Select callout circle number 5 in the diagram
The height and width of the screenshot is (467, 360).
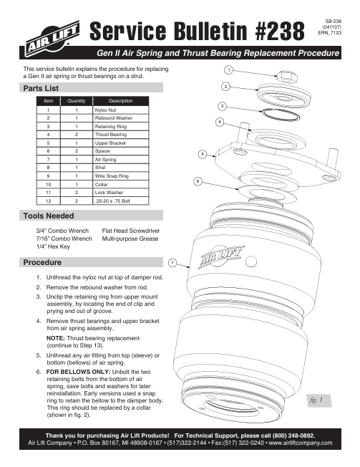point(203,154)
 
